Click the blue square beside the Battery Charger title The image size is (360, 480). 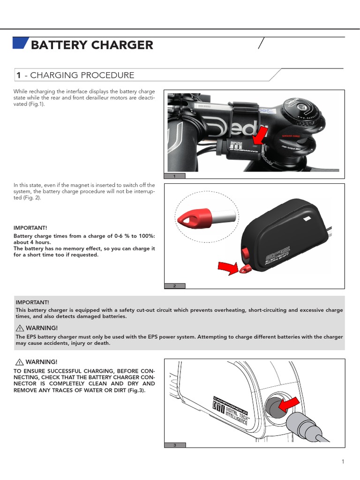[20, 43]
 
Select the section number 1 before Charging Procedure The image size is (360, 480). [18, 75]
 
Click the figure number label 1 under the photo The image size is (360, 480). [174, 176]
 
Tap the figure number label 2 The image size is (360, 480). [174, 285]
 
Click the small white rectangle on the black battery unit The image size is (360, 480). [307, 218]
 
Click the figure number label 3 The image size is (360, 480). [174, 445]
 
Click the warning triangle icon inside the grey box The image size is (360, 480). [20, 328]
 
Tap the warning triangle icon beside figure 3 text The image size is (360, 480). [20, 362]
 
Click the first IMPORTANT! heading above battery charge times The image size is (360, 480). [31, 228]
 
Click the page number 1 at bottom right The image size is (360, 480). [343, 462]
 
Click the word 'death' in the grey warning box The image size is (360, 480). [102, 343]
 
